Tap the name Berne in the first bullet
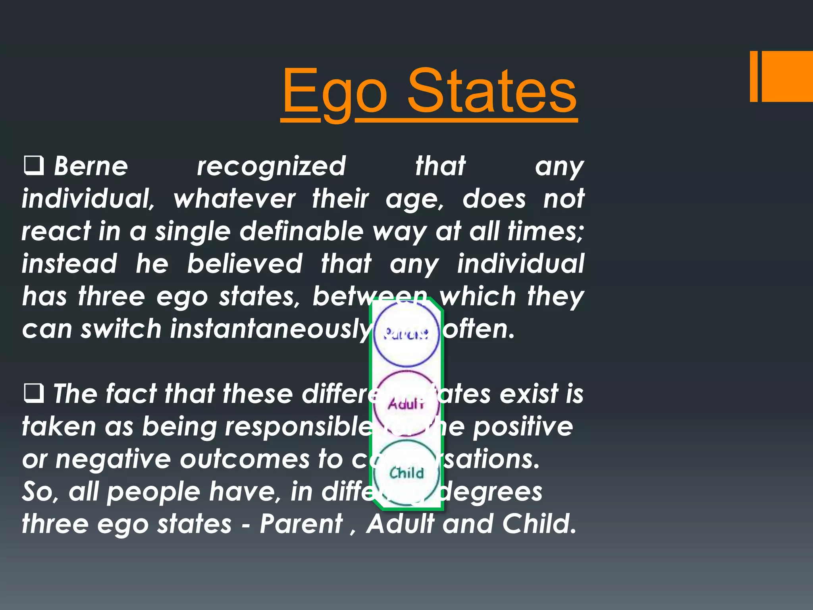click(x=91, y=166)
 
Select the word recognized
click(x=272, y=166)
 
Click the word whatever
click(x=235, y=199)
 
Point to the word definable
click(x=302, y=232)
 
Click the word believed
click(x=245, y=264)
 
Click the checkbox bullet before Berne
click(x=34, y=166)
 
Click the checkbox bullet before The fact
click(x=34, y=394)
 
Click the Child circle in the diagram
click(x=406, y=473)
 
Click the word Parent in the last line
click(x=301, y=524)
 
